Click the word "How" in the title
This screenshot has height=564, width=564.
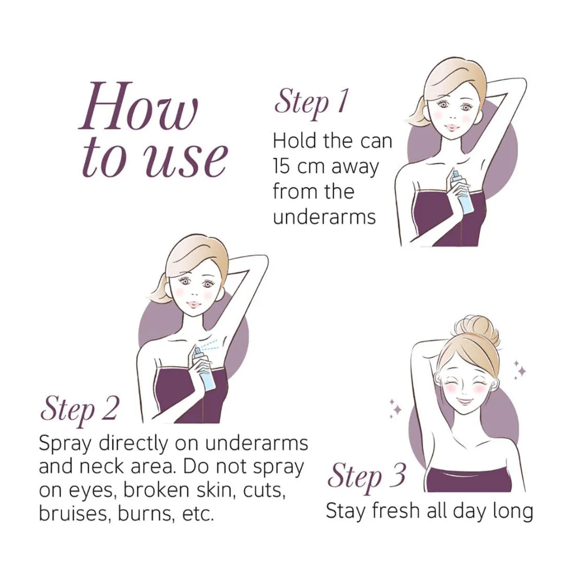click(138, 107)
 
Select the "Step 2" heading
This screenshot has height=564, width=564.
click(79, 410)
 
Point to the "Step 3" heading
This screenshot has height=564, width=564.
click(366, 477)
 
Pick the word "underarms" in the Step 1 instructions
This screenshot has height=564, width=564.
click(324, 217)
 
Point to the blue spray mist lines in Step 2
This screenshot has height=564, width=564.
click(208, 345)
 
